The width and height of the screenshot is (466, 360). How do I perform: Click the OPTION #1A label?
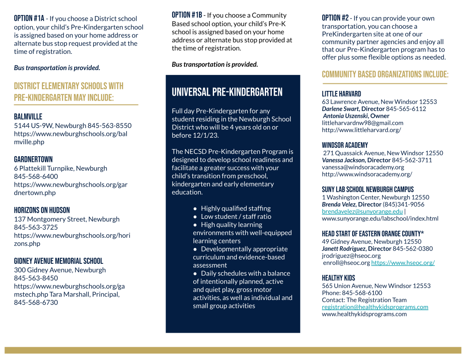29,19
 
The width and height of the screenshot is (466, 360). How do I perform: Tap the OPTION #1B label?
187,15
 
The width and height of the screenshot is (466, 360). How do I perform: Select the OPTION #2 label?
335,18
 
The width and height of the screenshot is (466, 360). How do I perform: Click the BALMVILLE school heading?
28,116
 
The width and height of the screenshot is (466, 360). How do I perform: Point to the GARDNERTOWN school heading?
33,159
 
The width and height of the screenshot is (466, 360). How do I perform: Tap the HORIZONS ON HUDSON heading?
42,210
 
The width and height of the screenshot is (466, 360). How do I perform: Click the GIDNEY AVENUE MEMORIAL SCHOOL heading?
59,261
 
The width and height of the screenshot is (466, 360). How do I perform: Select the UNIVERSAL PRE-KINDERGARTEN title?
227,92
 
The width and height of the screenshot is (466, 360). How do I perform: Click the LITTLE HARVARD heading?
341,94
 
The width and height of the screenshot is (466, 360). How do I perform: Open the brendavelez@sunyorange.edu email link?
362,211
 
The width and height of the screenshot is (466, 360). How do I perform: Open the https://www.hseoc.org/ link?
403,262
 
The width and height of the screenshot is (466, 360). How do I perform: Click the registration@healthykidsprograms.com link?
375,307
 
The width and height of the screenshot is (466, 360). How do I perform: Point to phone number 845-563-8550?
109,125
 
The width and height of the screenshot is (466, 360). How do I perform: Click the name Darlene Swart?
340,109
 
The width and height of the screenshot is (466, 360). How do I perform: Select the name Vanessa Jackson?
343,160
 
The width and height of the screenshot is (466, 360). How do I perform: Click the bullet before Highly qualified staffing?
195,208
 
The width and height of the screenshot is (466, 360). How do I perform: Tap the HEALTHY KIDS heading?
338,278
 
